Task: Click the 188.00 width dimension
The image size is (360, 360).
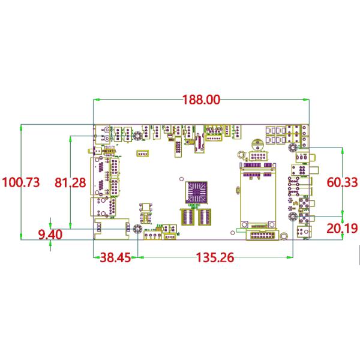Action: click(x=200, y=100)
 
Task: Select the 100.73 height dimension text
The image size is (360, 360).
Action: click(x=22, y=182)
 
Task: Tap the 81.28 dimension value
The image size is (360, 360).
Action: click(x=70, y=182)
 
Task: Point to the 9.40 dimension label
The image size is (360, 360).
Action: click(x=50, y=234)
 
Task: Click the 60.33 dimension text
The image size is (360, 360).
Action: click(x=342, y=182)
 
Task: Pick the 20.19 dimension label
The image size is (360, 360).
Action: click(x=341, y=228)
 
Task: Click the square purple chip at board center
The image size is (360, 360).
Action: click(x=196, y=193)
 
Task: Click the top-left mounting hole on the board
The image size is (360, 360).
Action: click(x=137, y=136)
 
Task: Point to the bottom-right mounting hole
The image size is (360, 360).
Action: click(x=292, y=218)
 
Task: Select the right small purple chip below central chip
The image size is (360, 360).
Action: click(x=205, y=217)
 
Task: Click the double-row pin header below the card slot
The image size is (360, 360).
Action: click(x=262, y=234)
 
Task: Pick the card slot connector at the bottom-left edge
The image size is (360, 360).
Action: click(x=112, y=228)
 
